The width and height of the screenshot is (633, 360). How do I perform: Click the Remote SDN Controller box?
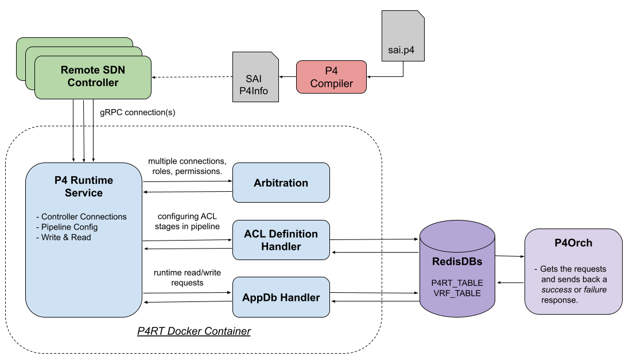coord(92,77)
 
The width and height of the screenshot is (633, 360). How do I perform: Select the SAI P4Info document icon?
coord(255,78)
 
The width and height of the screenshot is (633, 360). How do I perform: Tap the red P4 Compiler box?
coord(331,77)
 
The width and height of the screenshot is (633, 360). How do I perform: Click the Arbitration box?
coord(281,183)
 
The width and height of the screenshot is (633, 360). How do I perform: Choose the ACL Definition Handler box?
coord(281,240)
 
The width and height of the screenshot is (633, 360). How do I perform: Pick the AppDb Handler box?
coord(281,297)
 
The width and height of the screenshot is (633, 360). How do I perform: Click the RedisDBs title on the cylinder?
coord(457,261)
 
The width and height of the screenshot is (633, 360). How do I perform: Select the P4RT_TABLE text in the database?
coord(457,283)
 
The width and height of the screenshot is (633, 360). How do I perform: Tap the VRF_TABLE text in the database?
coord(457,293)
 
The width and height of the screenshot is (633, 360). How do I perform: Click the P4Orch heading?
coord(573,243)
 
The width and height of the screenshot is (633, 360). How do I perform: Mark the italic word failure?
coord(595,290)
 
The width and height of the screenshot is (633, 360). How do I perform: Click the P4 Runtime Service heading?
coord(84,187)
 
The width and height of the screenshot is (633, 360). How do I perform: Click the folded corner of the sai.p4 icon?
coord(420,15)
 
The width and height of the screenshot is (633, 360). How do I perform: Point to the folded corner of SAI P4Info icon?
coord(274,56)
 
